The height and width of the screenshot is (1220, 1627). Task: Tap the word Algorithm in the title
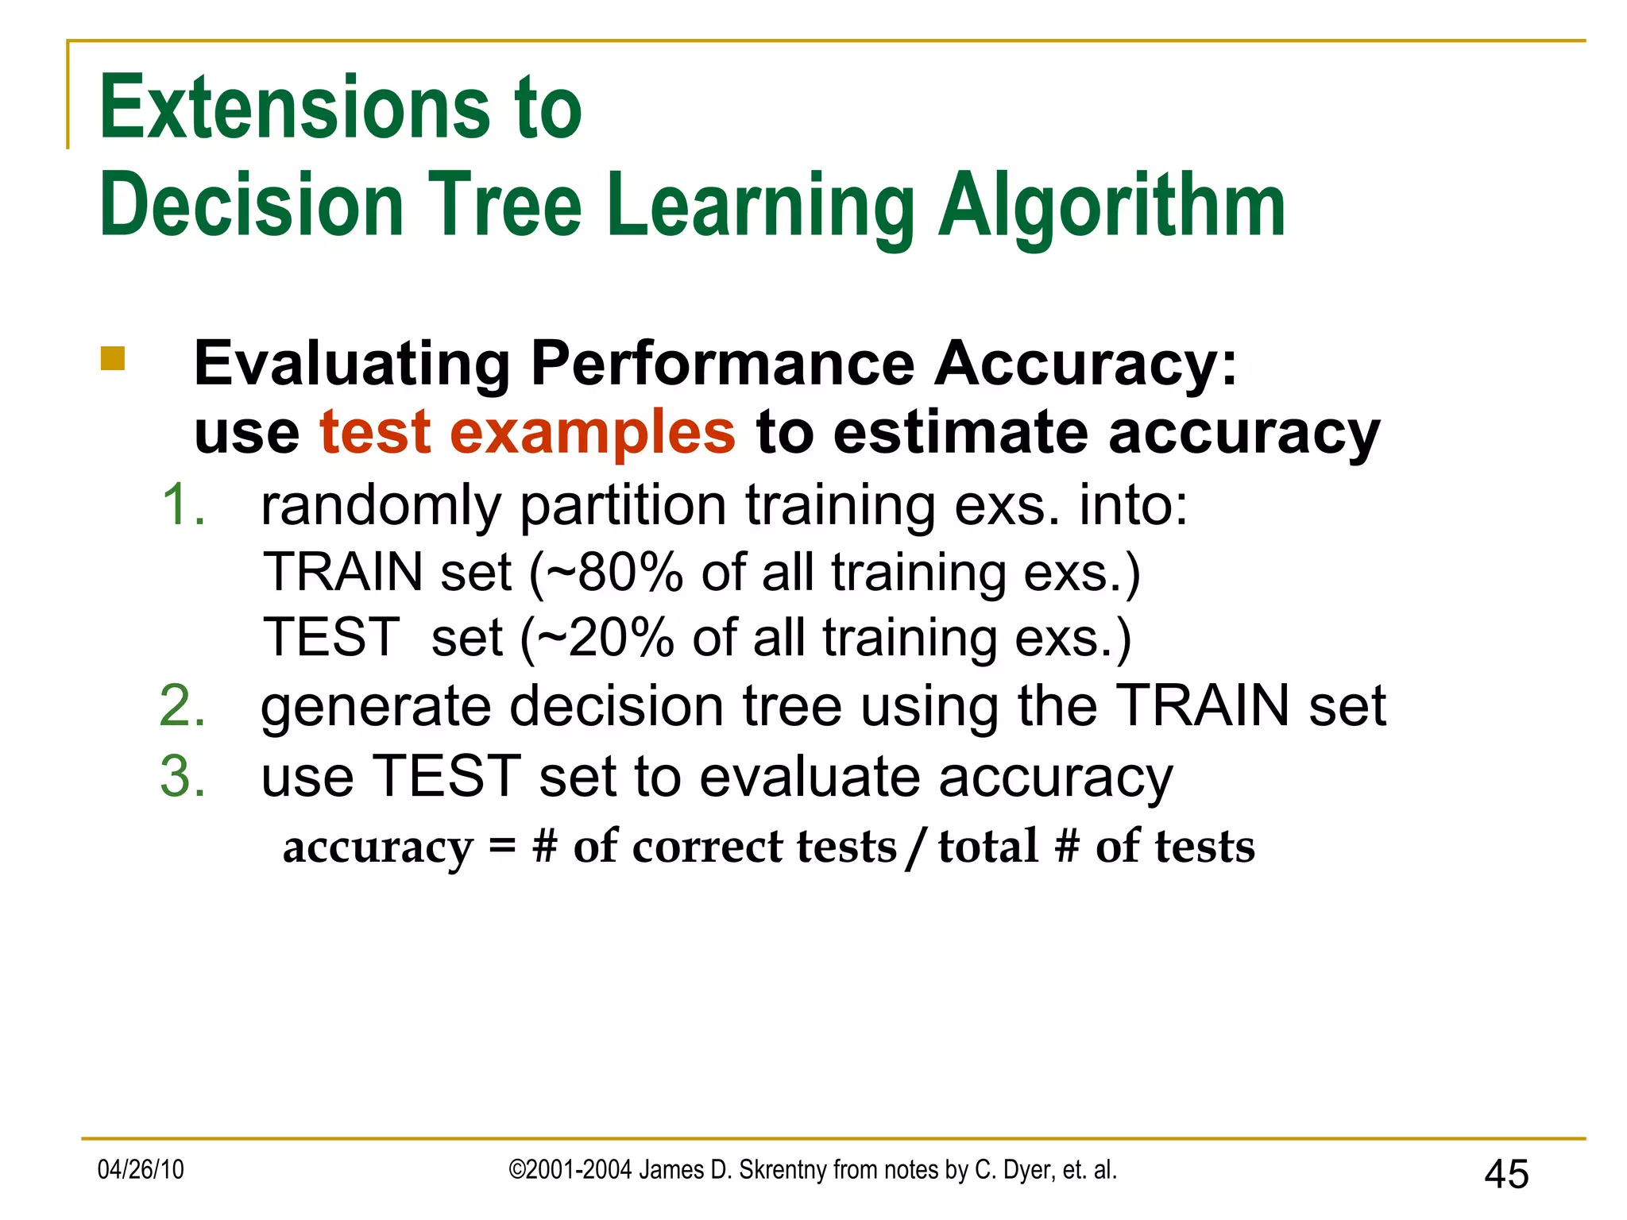point(1111,207)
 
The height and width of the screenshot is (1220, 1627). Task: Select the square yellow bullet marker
point(113,358)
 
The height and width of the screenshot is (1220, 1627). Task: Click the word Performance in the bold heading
point(722,364)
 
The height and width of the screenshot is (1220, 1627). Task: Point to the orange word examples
point(593,433)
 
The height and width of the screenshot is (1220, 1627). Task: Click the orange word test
point(375,433)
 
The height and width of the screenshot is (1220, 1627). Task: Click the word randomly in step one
point(381,506)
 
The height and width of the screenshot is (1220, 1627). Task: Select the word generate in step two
point(374,707)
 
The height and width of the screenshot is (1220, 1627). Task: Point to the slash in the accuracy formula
point(917,847)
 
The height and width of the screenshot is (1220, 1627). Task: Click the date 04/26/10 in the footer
point(141,1170)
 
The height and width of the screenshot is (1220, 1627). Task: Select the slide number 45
point(1506,1174)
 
